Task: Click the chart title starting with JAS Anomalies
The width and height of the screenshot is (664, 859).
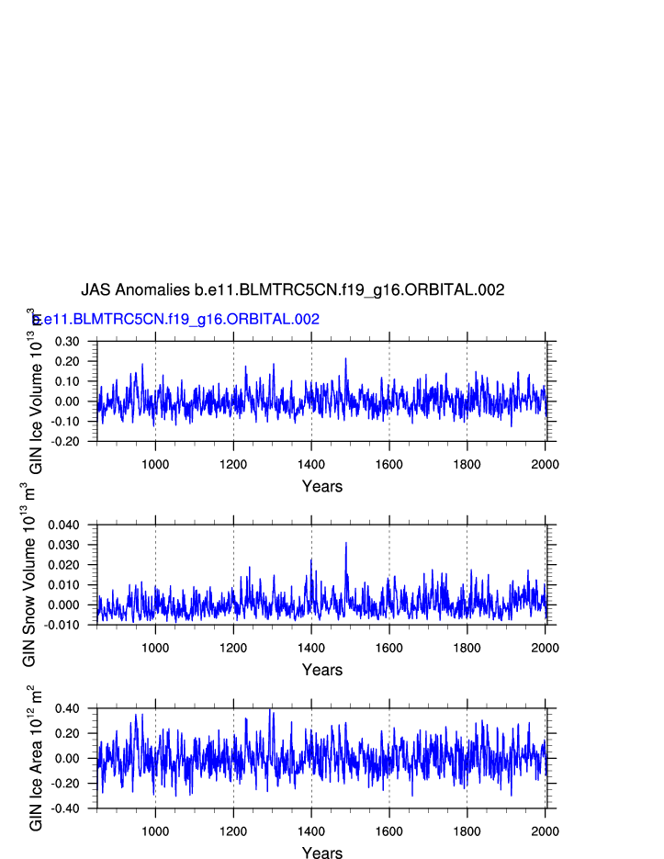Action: click(x=292, y=290)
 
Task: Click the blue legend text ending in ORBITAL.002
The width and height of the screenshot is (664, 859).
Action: click(x=176, y=320)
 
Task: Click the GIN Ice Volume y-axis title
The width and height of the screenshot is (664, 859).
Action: click(x=36, y=391)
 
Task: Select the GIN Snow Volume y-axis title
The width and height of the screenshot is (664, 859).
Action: click(x=30, y=574)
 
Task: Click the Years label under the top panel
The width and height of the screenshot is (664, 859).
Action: click(x=322, y=487)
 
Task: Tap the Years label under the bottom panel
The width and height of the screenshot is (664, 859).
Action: click(x=322, y=853)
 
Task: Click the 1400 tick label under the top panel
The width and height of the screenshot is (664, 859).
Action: click(x=311, y=464)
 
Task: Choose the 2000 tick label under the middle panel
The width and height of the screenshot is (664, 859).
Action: click(x=545, y=648)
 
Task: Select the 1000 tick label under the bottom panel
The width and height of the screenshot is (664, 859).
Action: click(x=155, y=831)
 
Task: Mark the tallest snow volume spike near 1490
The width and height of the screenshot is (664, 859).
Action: click(x=346, y=543)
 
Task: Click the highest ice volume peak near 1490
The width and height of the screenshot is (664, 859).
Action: click(x=346, y=358)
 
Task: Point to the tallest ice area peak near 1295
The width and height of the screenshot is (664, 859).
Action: click(x=270, y=709)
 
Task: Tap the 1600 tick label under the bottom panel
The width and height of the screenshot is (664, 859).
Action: click(x=389, y=831)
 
